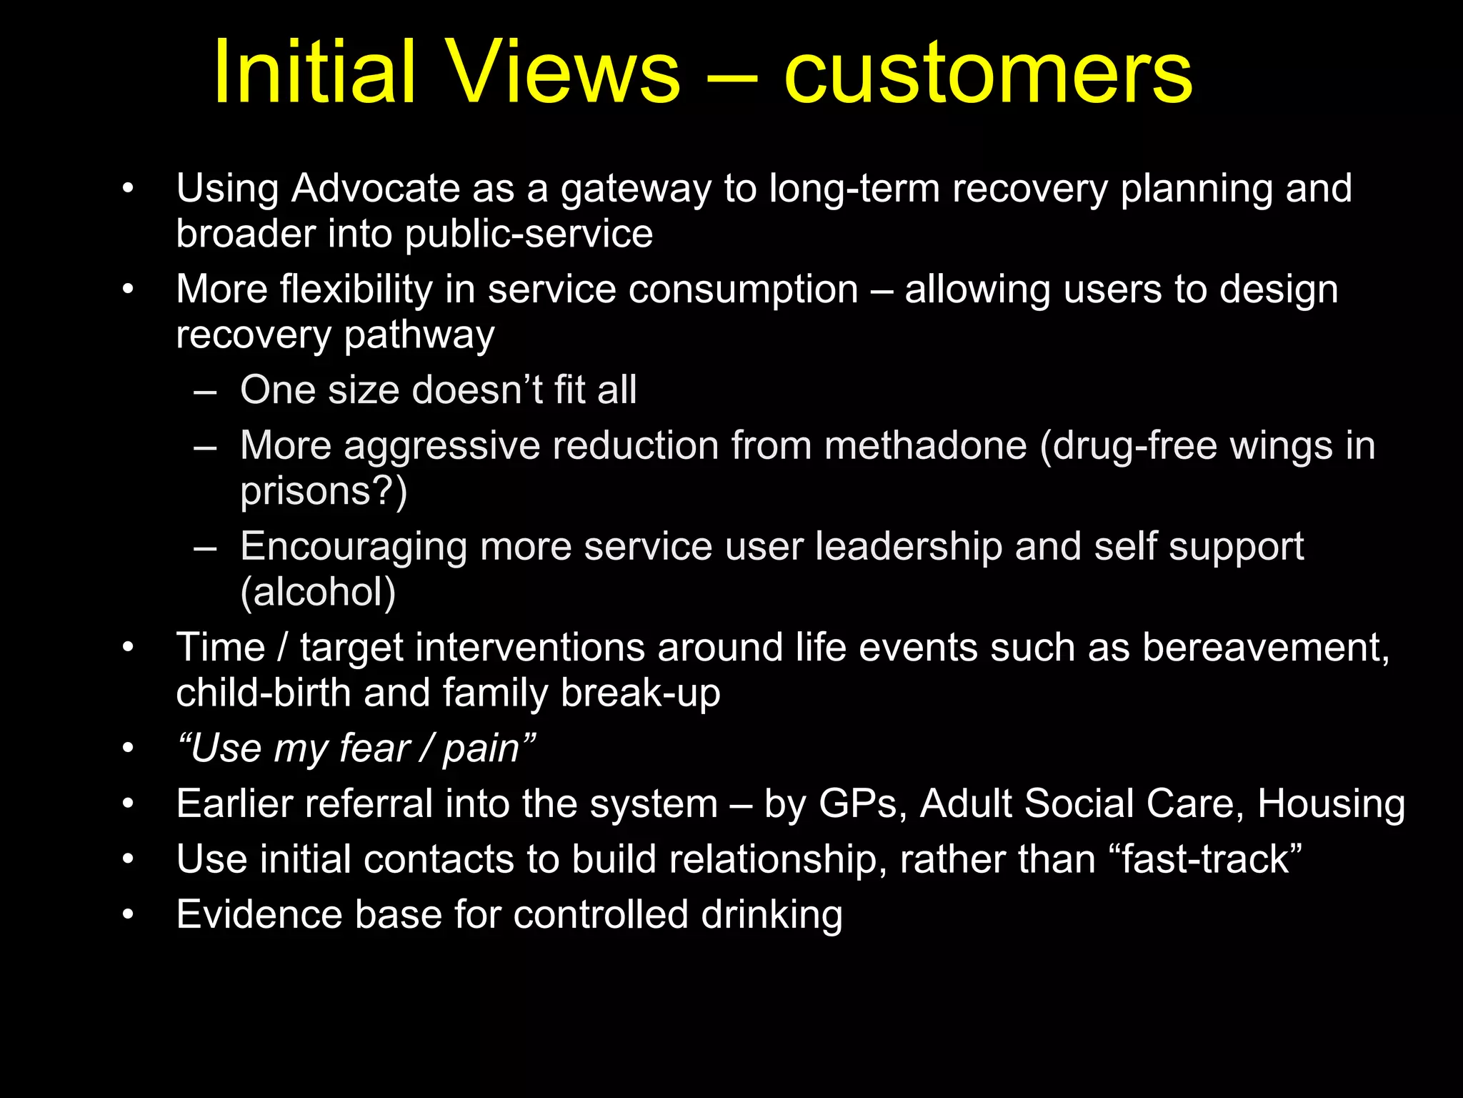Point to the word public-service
[x=529, y=234]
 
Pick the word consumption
[x=737, y=290]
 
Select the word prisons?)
[x=324, y=492]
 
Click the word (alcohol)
[x=318, y=593]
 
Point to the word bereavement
[x=1265, y=648]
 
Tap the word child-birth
[x=264, y=693]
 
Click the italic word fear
[x=374, y=748]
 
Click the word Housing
[x=1331, y=804]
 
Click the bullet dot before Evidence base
[x=128, y=915]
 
